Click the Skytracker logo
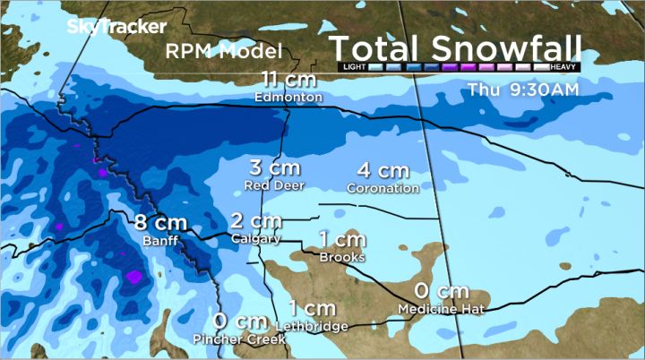(x=116, y=27)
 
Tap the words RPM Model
(x=224, y=51)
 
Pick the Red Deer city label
(x=275, y=185)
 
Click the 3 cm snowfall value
(x=274, y=168)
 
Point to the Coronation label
(x=383, y=188)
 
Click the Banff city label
(x=159, y=241)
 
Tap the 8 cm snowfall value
(x=159, y=224)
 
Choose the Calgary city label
(x=255, y=238)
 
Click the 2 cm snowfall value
(x=255, y=221)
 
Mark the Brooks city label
(x=342, y=257)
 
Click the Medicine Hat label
(x=442, y=309)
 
